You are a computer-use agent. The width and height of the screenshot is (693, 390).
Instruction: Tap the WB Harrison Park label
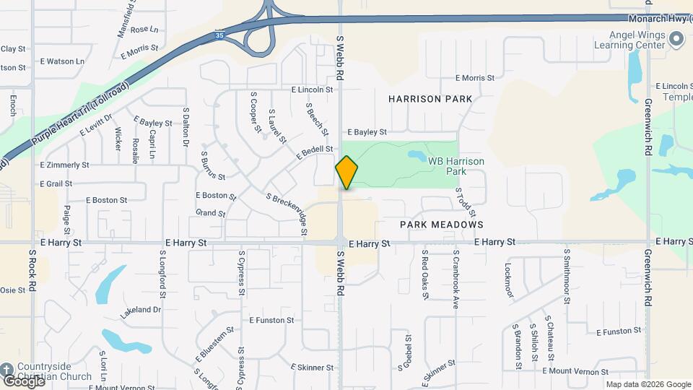click(x=456, y=166)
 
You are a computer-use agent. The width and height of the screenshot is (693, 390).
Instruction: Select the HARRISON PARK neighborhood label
click(x=430, y=98)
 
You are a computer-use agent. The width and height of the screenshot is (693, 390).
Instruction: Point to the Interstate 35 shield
click(x=219, y=34)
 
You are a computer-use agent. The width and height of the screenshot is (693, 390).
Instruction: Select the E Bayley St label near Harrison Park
click(x=367, y=132)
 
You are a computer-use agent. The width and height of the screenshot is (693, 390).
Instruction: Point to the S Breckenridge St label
click(x=287, y=214)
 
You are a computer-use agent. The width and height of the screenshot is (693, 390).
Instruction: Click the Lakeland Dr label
click(x=141, y=309)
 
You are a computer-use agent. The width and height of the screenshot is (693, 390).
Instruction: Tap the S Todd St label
click(x=466, y=202)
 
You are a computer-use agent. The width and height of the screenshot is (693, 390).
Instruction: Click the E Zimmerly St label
click(x=65, y=165)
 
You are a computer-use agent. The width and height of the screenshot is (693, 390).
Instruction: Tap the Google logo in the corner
click(x=23, y=381)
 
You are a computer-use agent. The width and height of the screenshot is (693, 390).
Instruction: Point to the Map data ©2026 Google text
click(x=648, y=384)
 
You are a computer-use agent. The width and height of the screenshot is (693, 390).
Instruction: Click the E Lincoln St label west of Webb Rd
click(x=312, y=90)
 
